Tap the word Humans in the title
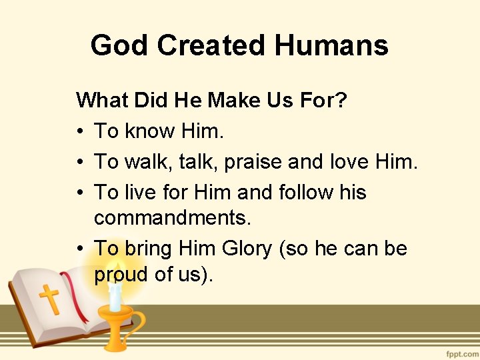331,46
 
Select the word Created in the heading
210,46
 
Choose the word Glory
247,249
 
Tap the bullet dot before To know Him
80,132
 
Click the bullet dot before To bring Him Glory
80,249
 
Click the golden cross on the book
49,299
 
